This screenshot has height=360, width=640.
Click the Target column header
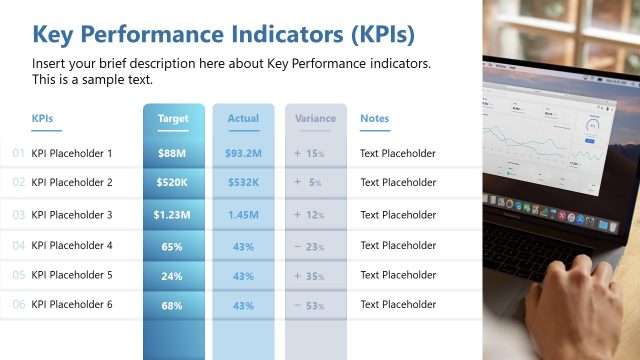pyautogui.click(x=173, y=119)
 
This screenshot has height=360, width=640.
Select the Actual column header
pyautogui.click(x=243, y=119)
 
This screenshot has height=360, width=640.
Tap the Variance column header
pyautogui.click(x=315, y=119)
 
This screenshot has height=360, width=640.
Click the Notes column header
pyautogui.click(x=374, y=119)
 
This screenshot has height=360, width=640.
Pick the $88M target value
pyautogui.click(x=171, y=154)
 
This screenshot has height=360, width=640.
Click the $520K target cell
pyautogui.click(x=171, y=183)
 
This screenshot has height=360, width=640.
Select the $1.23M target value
pyautogui.click(x=171, y=215)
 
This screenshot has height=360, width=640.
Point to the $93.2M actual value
pyautogui.click(x=243, y=154)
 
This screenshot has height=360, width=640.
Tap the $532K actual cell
pyautogui.click(x=243, y=183)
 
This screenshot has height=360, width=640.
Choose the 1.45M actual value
pyautogui.click(x=243, y=215)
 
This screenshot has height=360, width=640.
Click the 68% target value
pyautogui.click(x=171, y=305)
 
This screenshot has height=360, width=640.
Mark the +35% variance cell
pyautogui.click(x=310, y=276)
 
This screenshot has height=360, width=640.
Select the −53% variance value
pyautogui.click(x=310, y=305)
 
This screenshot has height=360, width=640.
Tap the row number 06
pyautogui.click(x=18, y=305)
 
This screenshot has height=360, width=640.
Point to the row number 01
pyautogui.click(x=18, y=154)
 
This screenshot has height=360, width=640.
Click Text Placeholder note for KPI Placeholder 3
pyautogui.click(x=398, y=215)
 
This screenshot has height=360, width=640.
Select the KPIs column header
pyautogui.click(x=42, y=119)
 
